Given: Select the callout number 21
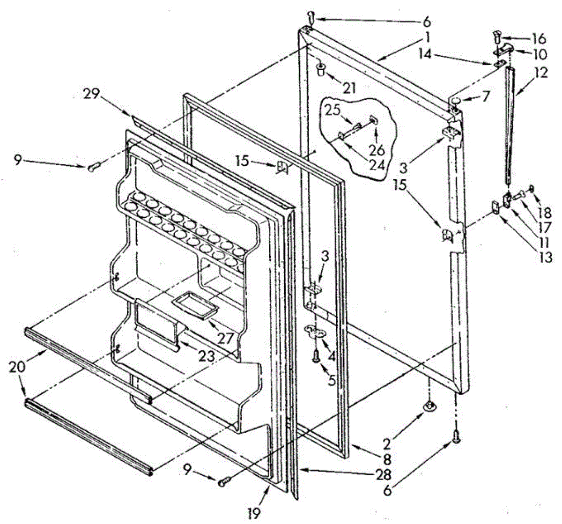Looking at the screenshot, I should (x=349, y=88).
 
